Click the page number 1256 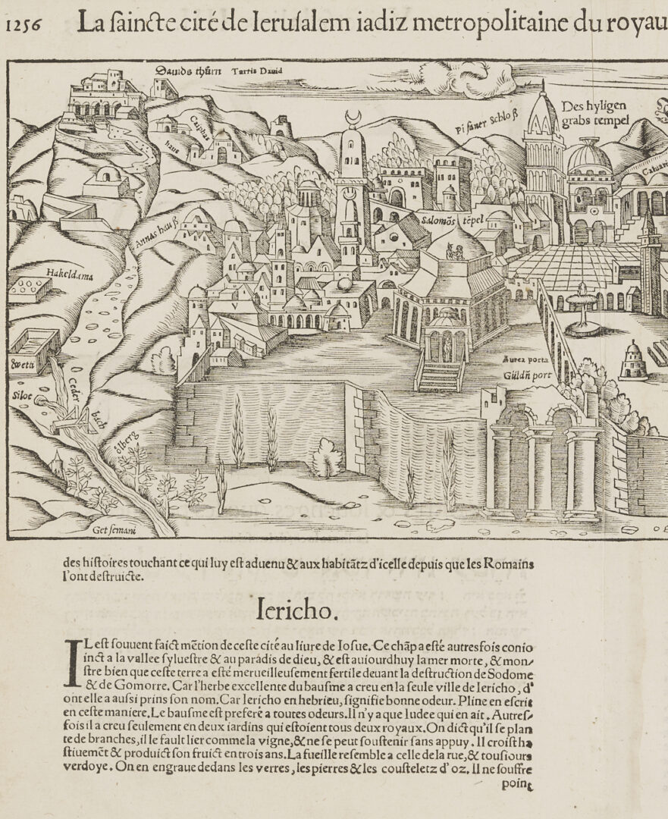pos(23,25)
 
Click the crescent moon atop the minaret pos(352,118)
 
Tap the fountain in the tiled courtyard pos(581,307)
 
